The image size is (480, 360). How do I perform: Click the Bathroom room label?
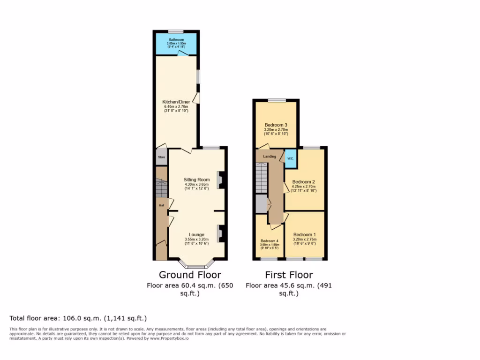pyautogui.click(x=176, y=40)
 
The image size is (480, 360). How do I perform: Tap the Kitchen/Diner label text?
pyautogui.click(x=176, y=102)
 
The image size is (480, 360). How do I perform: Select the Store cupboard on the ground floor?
pyautogui.click(x=161, y=157)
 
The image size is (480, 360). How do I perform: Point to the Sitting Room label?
pyautogui.click(x=196, y=180)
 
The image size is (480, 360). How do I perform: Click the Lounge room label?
pyautogui.click(x=196, y=234)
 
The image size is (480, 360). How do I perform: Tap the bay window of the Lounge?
pyautogui.click(x=196, y=266)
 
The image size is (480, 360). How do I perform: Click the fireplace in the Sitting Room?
pyautogui.click(x=220, y=180)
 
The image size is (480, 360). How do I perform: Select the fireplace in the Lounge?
pyautogui.click(x=220, y=233)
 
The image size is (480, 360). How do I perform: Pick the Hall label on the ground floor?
pyautogui.click(x=161, y=205)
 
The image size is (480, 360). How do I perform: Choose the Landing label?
pyautogui.click(x=270, y=156)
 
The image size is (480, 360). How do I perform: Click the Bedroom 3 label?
pyautogui.click(x=276, y=125)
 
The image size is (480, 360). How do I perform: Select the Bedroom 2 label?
pyautogui.click(x=303, y=182)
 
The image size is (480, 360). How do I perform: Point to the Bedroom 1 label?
pyautogui.click(x=305, y=234)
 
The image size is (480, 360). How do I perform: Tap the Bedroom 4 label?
pyautogui.click(x=270, y=241)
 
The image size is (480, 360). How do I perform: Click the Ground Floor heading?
pyautogui.click(x=190, y=275)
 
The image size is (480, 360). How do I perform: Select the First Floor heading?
pyautogui.click(x=289, y=275)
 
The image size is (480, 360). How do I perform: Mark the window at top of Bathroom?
pyautogui.click(x=176, y=31)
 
